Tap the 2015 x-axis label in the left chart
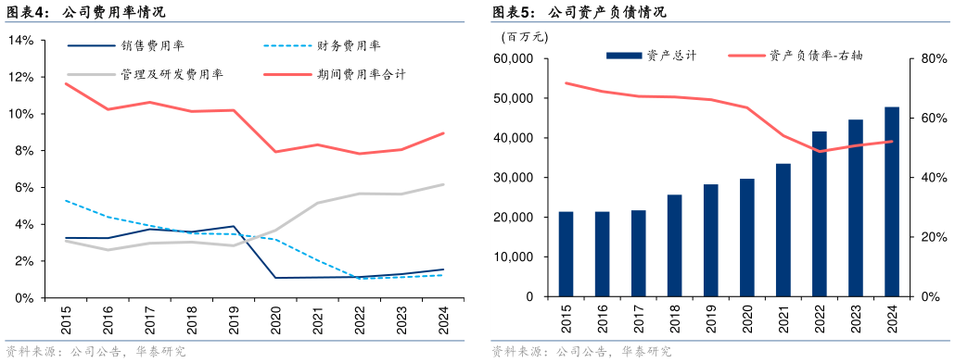point(66,322)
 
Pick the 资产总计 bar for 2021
point(783,231)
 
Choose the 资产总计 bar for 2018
point(674,246)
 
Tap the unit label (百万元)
point(524,37)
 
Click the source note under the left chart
point(95,352)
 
